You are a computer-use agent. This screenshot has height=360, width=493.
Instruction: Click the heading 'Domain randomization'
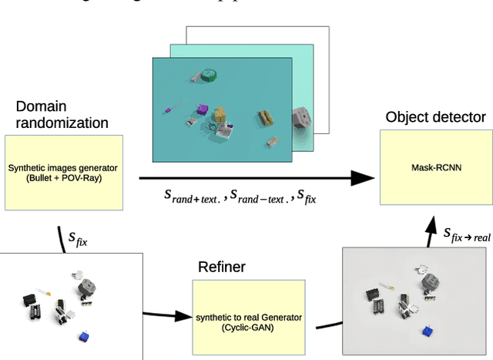pos(62,115)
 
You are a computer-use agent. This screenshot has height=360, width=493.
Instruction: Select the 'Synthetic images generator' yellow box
pos(64,173)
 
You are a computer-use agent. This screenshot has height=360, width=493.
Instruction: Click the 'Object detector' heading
pos(435,117)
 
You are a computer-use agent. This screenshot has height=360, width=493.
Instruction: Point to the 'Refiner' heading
pos(221,267)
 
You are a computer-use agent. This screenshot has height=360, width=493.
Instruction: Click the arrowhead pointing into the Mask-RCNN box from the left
pos(361,178)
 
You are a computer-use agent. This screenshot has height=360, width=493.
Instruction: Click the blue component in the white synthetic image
pos(84,336)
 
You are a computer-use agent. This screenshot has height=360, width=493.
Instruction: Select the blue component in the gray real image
pos(424,330)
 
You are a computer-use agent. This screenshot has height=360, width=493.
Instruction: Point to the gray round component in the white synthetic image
pos(84,288)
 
